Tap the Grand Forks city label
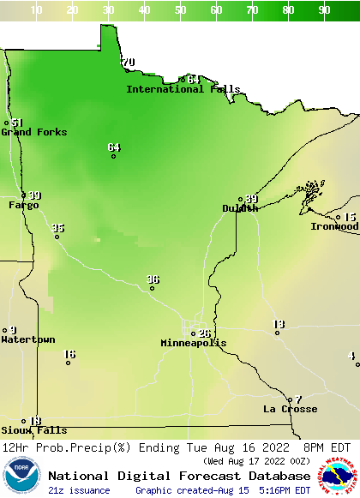(x=33, y=132)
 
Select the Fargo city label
(x=23, y=205)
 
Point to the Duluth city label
(x=240, y=208)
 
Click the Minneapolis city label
(x=194, y=343)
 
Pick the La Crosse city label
(x=290, y=409)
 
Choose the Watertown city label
(x=27, y=339)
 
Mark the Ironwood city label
(x=334, y=226)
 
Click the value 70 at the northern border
(x=129, y=63)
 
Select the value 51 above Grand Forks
(x=17, y=123)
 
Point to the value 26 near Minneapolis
(x=204, y=333)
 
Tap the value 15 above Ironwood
(x=350, y=217)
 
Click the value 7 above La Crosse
(x=298, y=399)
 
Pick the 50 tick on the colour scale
(x=181, y=9)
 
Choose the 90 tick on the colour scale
(x=325, y=9)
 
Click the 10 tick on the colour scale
(x=37, y=9)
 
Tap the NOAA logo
(x=21, y=477)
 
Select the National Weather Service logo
(x=339, y=477)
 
